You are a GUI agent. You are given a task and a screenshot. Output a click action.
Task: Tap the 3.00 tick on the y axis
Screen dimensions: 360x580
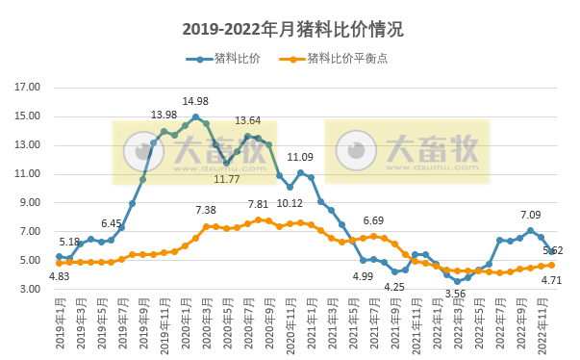click(30, 290)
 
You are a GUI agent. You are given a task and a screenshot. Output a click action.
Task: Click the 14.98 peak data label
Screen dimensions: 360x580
click(195, 101)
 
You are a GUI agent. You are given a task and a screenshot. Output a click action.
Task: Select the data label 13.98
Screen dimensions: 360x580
click(164, 116)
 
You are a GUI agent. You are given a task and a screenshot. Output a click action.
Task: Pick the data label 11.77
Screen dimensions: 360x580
click(227, 179)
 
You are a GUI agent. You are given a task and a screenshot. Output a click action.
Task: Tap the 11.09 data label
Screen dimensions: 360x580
click(300, 157)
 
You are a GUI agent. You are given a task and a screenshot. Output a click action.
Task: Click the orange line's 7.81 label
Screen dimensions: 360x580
click(259, 204)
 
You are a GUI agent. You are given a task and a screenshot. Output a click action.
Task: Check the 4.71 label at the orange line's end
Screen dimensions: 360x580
click(550, 281)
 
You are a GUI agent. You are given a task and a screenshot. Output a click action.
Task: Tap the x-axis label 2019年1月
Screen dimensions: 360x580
click(58, 321)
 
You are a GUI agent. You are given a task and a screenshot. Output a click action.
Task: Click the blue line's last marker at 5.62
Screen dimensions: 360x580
click(551, 251)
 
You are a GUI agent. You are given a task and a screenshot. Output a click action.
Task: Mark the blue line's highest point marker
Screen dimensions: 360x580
click(195, 117)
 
